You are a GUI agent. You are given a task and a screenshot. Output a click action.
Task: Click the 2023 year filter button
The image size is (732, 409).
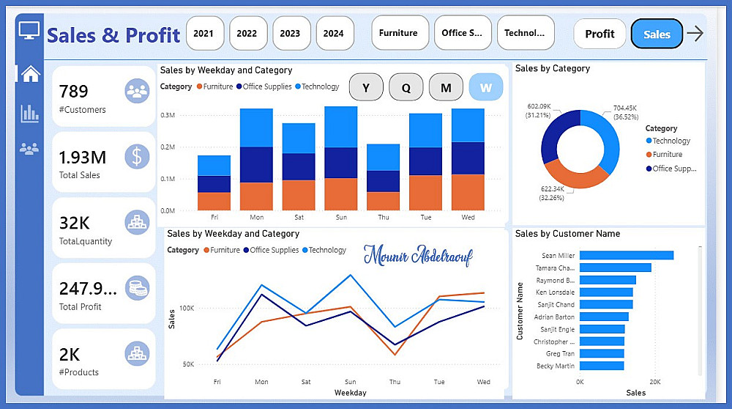[x=290, y=33]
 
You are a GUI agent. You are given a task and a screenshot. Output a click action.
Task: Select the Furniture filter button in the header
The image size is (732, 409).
[x=398, y=33]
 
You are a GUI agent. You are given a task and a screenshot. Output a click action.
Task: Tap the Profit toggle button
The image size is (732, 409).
[x=600, y=34]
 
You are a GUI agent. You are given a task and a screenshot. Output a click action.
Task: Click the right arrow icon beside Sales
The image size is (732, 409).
[x=695, y=33]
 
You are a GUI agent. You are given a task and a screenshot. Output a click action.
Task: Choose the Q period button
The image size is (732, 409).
[x=405, y=88]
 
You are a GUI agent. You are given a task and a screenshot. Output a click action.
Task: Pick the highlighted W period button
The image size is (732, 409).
[x=485, y=88]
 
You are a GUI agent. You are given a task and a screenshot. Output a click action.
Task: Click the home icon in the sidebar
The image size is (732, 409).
[x=29, y=74]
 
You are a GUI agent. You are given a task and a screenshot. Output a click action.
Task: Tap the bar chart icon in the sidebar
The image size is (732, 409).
[x=29, y=113]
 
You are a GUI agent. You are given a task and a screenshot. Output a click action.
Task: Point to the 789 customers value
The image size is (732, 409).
[x=73, y=92]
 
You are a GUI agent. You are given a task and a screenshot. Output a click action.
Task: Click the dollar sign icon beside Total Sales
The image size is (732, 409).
[x=137, y=156]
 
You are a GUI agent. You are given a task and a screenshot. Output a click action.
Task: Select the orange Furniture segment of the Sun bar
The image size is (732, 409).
[x=341, y=194]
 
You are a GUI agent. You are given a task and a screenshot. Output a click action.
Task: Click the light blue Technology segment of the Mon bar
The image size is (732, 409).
[x=256, y=128]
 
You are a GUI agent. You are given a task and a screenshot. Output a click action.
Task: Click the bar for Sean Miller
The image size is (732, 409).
[x=627, y=256]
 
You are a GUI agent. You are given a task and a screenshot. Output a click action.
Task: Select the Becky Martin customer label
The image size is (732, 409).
[x=555, y=366]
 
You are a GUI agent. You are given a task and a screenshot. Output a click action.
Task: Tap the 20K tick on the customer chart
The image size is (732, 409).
[x=655, y=382]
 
